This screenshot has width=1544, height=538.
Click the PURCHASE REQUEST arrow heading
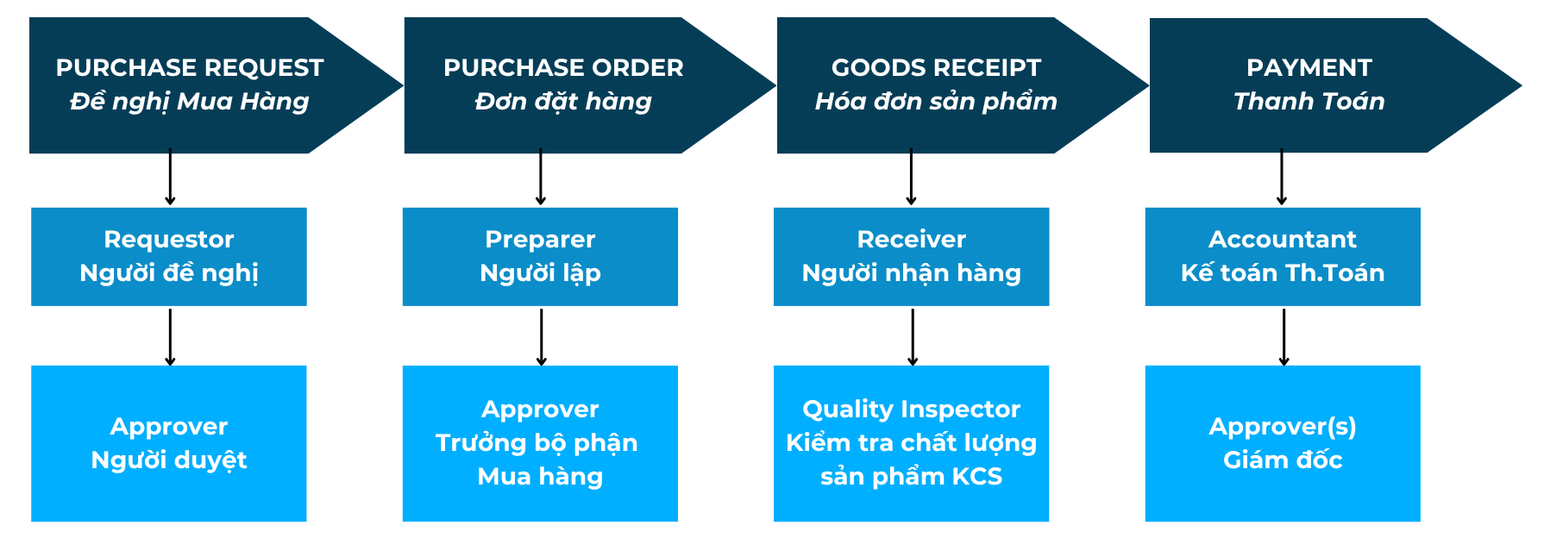coord(190,67)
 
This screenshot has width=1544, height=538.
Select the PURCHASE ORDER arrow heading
coord(563,67)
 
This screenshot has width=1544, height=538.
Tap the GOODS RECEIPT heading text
coord(936,67)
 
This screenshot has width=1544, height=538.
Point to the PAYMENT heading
coord(1309,67)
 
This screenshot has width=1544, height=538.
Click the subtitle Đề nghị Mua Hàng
coord(190,102)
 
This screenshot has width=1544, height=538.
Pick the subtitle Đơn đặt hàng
coord(563,102)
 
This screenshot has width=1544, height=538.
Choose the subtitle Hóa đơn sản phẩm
coord(936,102)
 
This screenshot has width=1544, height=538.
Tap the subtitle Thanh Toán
coord(1309,102)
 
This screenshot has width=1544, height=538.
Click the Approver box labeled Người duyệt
coord(169,443)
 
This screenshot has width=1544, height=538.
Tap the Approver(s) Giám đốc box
coord(1283,443)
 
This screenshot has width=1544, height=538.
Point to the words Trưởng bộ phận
coord(537,443)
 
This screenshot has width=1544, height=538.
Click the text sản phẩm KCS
coord(912,477)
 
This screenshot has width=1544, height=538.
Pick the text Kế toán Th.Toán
coord(1283,273)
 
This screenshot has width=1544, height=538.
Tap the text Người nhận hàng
coord(912,273)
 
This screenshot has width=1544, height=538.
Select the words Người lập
coord(540,273)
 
